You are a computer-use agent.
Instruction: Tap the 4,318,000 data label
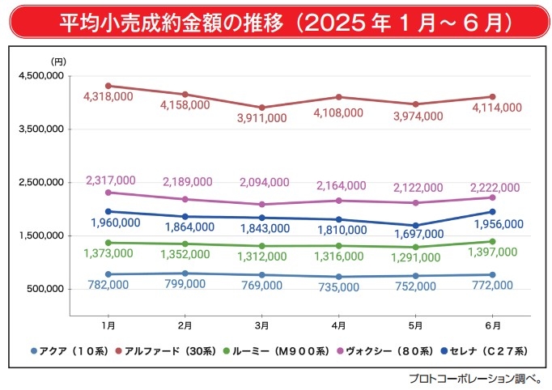coord(108,96)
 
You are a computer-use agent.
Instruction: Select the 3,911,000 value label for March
coord(261,118)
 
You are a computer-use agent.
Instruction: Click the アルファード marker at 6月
coord(491,96)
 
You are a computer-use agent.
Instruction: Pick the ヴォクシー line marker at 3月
coord(261,205)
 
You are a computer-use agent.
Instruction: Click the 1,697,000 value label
coord(418,235)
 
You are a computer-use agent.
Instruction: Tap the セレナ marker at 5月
coord(415,226)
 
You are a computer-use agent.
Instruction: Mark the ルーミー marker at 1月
coord(108,243)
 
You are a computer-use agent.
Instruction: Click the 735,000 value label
coord(338,286)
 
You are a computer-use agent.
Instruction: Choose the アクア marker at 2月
coord(185,273)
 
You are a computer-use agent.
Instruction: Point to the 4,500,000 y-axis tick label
coord(40,76)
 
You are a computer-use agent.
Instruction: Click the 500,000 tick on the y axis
coord(45,290)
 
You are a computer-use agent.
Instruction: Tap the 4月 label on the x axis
coord(338,324)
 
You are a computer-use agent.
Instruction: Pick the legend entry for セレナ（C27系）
coord(486,351)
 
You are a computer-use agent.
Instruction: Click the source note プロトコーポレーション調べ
coord(476,378)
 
